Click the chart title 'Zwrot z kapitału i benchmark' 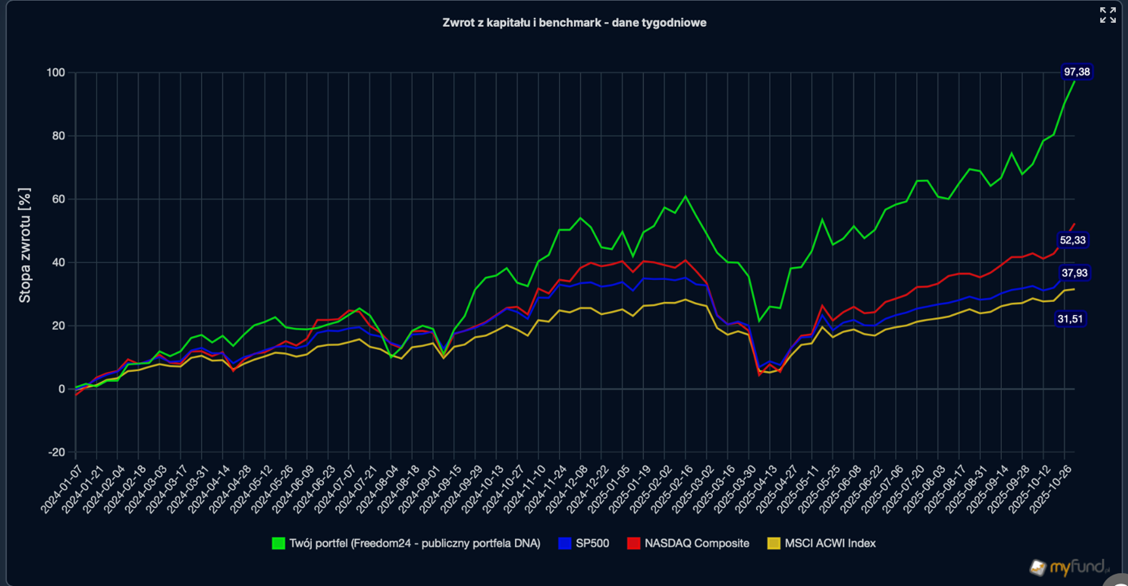(x=574, y=23)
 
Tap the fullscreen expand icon (x=1108, y=15)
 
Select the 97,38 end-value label (x=1077, y=72)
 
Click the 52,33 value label (x=1072, y=240)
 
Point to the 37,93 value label (x=1074, y=273)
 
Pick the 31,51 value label (x=1070, y=319)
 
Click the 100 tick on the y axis (x=56, y=73)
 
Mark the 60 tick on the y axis (x=58, y=199)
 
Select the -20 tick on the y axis (x=57, y=452)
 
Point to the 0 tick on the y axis (x=62, y=389)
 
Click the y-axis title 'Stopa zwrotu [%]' (x=25, y=245)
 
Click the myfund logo (x=1069, y=567)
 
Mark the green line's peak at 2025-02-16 (x=686, y=196)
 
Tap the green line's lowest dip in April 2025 (x=759, y=321)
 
